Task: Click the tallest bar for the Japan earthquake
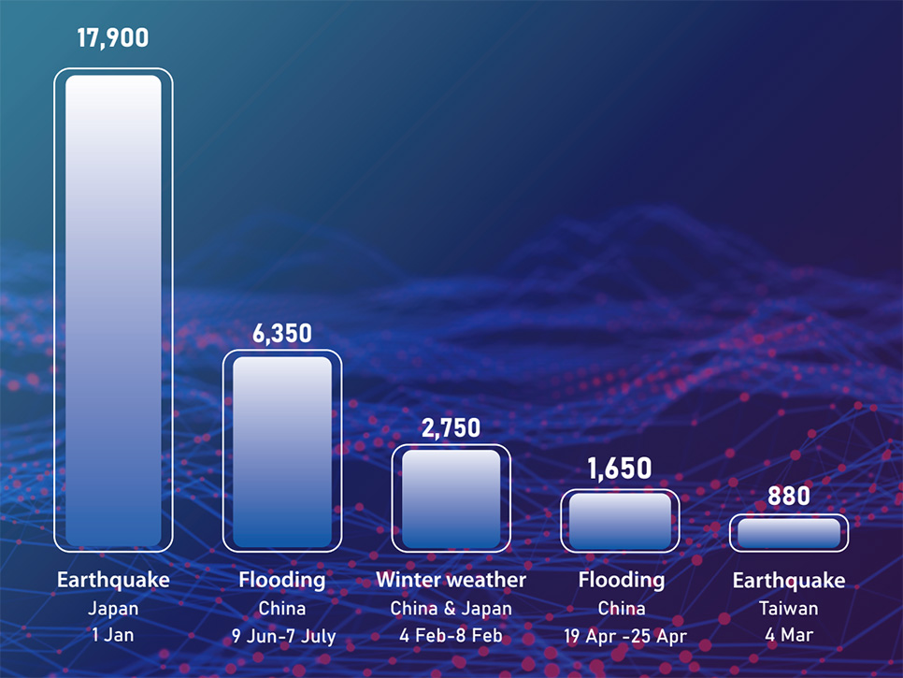tap(113, 310)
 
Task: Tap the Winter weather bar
tap(451, 498)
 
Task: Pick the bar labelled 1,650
tap(620, 521)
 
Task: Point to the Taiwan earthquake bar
tap(789, 533)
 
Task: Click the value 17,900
tap(112, 38)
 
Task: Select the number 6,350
tap(281, 333)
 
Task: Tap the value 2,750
tap(451, 428)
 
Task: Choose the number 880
tap(789, 496)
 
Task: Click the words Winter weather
tap(451, 580)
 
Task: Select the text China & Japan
tap(451, 609)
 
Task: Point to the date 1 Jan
tap(113, 636)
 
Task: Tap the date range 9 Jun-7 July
tap(283, 637)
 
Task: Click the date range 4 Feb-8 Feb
tap(451, 636)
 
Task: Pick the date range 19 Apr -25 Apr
tap(621, 637)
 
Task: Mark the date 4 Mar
tap(789, 636)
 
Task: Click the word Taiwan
tap(789, 609)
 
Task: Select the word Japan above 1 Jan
tap(113, 609)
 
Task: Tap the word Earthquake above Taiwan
tap(789, 581)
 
